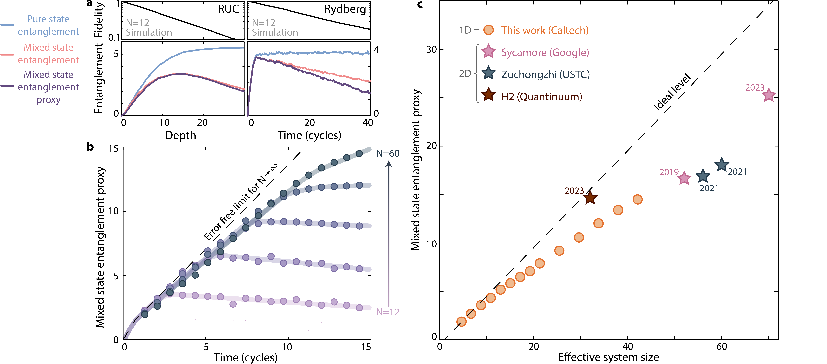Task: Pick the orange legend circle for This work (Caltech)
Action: pos(488,30)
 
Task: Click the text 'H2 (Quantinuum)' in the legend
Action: pos(542,96)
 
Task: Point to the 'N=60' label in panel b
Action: pos(388,154)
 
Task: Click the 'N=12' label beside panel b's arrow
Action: pos(388,312)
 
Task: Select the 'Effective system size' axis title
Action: pos(608,357)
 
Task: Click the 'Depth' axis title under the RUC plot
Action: pos(180,135)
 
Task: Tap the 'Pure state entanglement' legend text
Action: pos(48,25)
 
